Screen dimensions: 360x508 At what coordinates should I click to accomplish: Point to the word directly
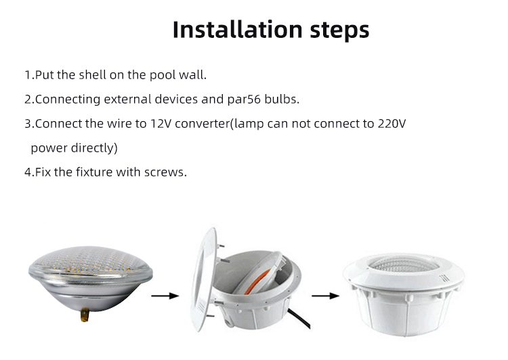[x=95, y=148]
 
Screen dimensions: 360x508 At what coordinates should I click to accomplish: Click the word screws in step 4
[x=165, y=172]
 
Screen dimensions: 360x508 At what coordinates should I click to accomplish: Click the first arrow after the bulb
[x=165, y=295]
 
